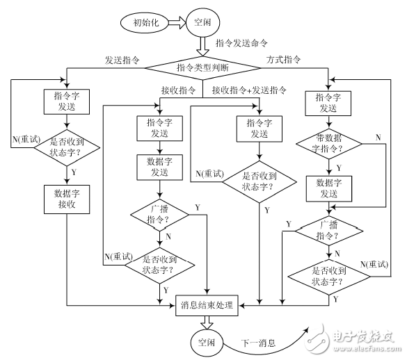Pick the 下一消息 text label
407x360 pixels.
click(x=259, y=343)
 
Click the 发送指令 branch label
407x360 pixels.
click(x=123, y=60)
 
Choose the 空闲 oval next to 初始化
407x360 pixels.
click(x=205, y=22)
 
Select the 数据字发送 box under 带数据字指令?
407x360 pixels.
click(x=329, y=188)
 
